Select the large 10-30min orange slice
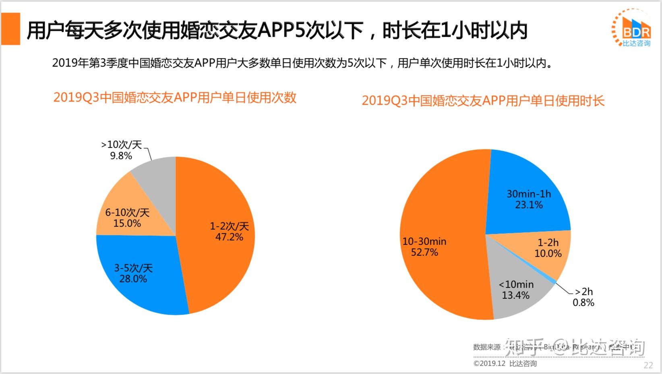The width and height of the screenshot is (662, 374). (x=443, y=201)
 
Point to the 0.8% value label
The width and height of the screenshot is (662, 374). (x=583, y=302)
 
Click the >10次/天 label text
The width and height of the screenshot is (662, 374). (x=121, y=144)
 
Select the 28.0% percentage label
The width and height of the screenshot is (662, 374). (x=133, y=279)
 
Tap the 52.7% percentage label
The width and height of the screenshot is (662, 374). (x=424, y=252)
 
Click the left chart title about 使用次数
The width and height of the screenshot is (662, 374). (x=175, y=97)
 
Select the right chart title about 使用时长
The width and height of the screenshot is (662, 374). (x=483, y=101)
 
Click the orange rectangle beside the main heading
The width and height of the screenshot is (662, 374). (x=10, y=29)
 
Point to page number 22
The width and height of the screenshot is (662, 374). (x=648, y=365)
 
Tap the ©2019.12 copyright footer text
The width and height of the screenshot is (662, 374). (x=505, y=364)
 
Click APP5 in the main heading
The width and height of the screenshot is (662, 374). (x=280, y=31)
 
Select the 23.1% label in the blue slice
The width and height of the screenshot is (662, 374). (x=529, y=205)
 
